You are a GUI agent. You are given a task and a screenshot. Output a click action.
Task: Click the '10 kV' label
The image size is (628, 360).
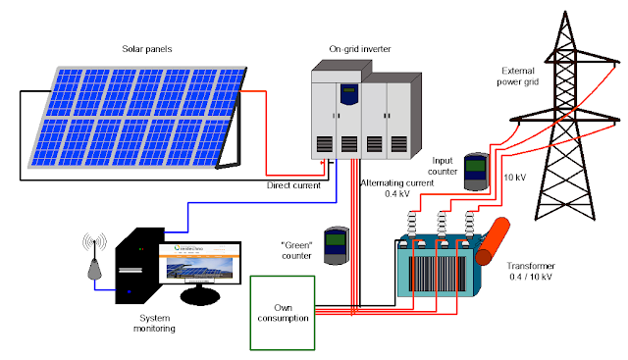click(x=513, y=178)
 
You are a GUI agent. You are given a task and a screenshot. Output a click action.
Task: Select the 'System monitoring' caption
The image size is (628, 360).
click(x=156, y=325)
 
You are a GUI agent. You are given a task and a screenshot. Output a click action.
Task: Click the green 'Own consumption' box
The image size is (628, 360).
click(x=284, y=313)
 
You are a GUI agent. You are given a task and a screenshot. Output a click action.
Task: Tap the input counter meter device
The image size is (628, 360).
click(x=477, y=172)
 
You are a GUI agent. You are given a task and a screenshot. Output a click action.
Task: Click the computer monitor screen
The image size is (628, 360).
click(x=203, y=269)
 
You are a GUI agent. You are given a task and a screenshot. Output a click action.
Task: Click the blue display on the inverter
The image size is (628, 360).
click(x=349, y=94)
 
